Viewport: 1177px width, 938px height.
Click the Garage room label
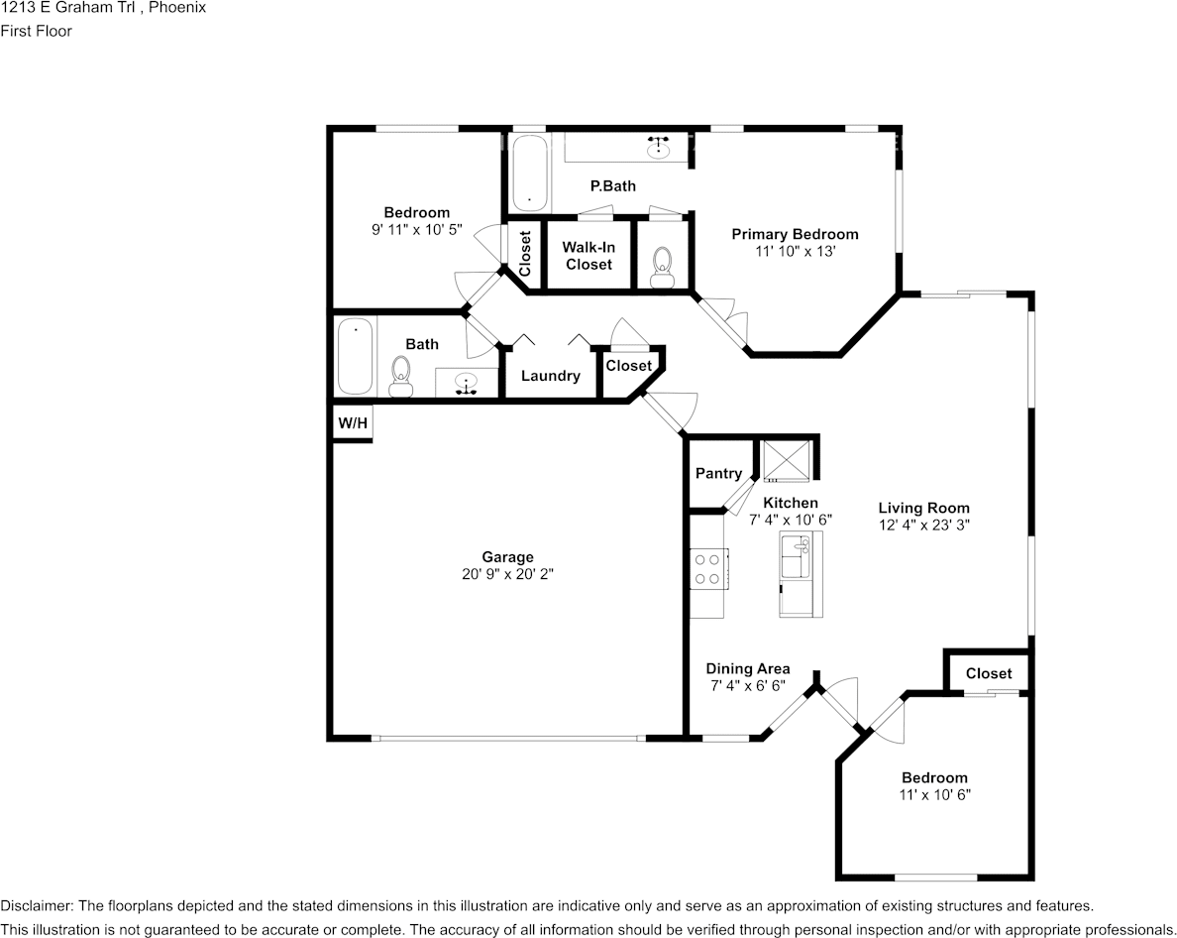[x=507, y=557]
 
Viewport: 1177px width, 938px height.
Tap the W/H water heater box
[x=353, y=424]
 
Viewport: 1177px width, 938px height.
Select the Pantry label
[x=718, y=474]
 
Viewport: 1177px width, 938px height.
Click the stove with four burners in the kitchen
[x=707, y=570]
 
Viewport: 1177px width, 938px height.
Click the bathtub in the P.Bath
[x=528, y=172]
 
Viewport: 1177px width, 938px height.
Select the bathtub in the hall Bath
[x=354, y=356]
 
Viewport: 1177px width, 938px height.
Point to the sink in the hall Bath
[x=467, y=383]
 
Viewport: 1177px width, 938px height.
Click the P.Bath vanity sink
[x=658, y=147]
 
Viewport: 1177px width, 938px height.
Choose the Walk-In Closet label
[x=588, y=256]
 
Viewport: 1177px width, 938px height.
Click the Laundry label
[x=550, y=376]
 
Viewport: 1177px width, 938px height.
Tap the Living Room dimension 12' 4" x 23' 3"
[x=923, y=526]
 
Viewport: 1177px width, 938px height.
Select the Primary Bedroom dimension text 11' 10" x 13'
[x=795, y=252]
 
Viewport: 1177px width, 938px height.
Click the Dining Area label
[x=747, y=668]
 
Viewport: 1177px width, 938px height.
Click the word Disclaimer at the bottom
[x=36, y=906]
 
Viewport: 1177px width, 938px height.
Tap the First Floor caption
[x=36, y=31]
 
